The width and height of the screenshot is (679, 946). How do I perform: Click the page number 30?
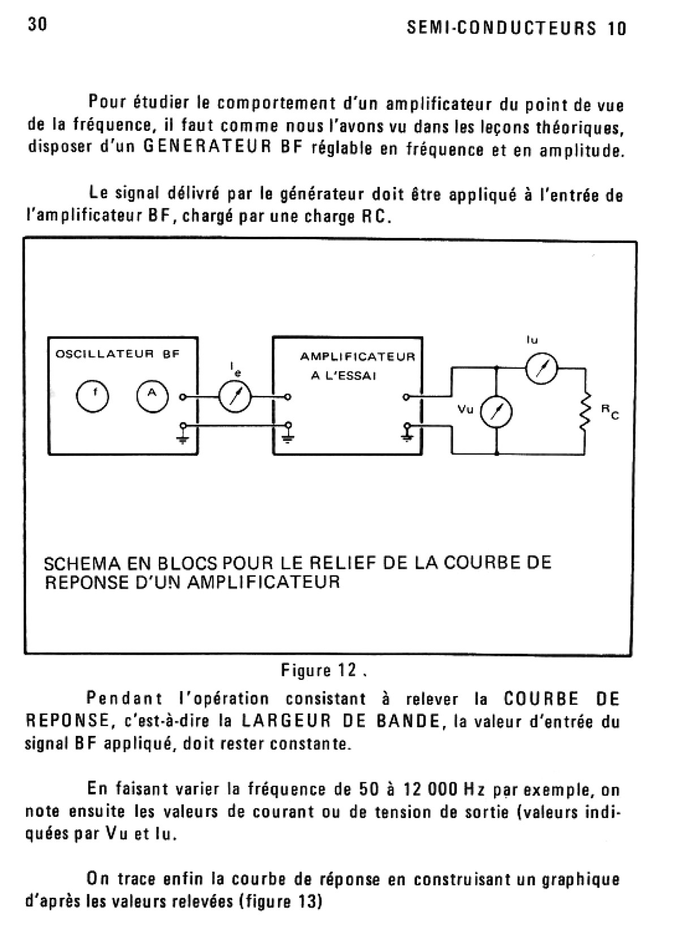[37, 24]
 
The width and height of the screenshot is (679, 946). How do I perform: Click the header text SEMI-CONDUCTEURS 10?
[516, 28]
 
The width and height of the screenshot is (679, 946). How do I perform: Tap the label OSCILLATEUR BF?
[117, 355]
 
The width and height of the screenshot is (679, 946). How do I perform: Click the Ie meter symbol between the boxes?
[234, 397]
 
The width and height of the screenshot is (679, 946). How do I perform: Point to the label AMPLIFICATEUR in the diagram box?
[357, 357]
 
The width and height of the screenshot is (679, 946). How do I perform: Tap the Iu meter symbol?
[542, 369]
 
